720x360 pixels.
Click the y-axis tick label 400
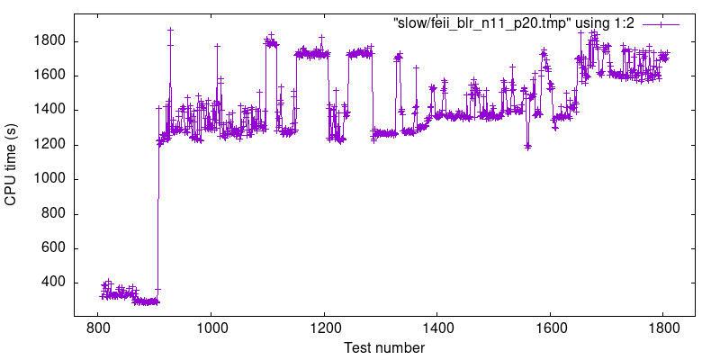tap(50, 283)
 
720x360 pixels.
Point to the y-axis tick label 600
tap(50, 248)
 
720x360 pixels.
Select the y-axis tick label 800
tap(50, 214)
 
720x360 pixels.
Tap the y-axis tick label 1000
tap(47, 179)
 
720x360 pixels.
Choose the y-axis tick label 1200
tap(47, 145)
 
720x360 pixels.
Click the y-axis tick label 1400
tap(47, 110)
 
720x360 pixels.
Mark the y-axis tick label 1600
tap(47, 76)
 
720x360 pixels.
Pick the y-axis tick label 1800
tap(47, 41)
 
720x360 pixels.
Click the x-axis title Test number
tap(381, 347)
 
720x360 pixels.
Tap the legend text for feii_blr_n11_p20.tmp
tap(514, 23)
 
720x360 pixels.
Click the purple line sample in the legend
tap(661, 24)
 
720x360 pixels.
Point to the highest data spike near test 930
tap(170, 30)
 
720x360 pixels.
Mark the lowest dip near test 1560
tap(528, 146)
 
